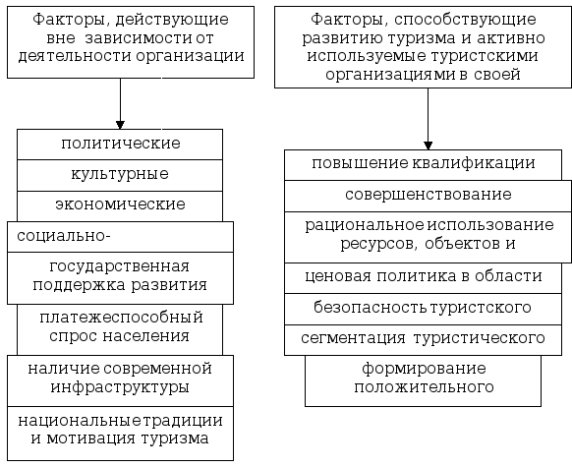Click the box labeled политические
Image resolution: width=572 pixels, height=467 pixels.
[120, 145]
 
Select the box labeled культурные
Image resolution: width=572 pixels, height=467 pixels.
[120, 175]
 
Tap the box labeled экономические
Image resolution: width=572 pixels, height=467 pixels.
[120, 206]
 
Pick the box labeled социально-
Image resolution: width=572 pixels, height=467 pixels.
[120, 237]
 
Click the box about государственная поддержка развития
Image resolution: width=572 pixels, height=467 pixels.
[120, 278]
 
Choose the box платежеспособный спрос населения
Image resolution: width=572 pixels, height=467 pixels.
[120, 329]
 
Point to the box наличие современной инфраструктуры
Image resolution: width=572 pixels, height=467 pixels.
[120, 380]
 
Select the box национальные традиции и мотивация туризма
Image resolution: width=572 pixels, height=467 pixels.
[120, 434]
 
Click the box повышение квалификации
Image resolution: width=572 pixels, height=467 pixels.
[424, 165]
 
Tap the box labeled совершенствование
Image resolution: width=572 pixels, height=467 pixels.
[428, 196]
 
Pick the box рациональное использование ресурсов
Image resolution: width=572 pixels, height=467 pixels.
[428, 237]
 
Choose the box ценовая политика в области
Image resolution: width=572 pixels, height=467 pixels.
[424, 278]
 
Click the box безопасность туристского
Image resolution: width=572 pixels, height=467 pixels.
[424, 309]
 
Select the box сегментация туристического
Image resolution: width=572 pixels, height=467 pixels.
[424, 340]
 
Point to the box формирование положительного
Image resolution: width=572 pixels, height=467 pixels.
[424, 380]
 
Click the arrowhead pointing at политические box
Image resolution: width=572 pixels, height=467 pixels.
[120, 125]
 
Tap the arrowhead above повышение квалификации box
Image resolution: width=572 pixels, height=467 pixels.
[429, 146]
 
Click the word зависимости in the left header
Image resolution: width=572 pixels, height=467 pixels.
[139, 38]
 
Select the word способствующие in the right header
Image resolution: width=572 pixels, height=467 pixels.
[465, 20]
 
